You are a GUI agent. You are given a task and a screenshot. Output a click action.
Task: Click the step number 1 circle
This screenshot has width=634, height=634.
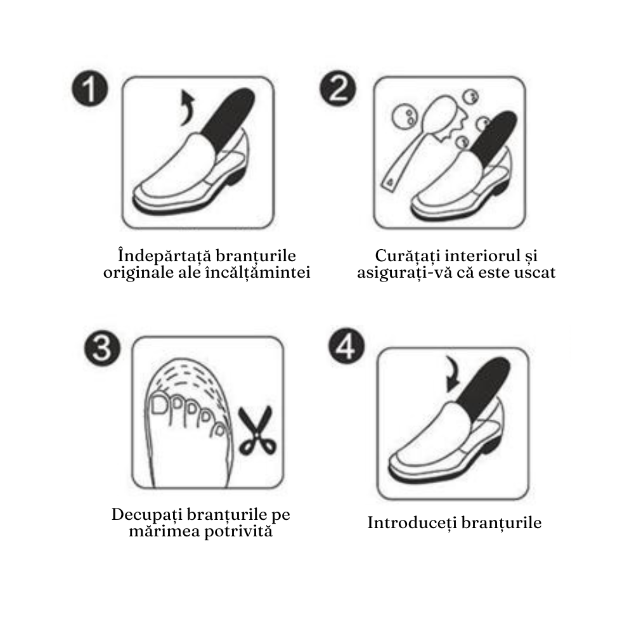pyautogui.click(x=90, y=89)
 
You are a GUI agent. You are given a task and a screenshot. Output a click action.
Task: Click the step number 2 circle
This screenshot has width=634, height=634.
pyautogui.click(x=338, y=89)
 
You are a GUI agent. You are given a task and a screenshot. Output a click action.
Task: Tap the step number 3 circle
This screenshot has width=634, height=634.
pyautogui.click(x=102, y=348)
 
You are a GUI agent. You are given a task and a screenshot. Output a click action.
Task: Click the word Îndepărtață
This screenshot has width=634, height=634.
pyautogui.click(x=164, y=256)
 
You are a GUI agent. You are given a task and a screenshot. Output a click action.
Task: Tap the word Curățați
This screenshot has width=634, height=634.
pyautogui.click(x=407, y=256)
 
